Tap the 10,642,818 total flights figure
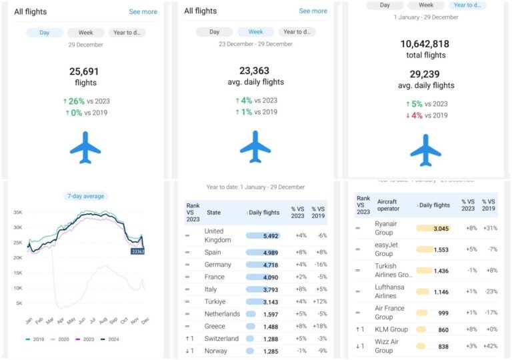click(x=425, y=44)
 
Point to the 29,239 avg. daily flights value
click(x=425, y=74)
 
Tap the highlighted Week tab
click(x=255, y=32)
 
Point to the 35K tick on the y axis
click(x=19, y=213)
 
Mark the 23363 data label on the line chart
click(x=138, y=251)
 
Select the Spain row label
click(x=213, y=252)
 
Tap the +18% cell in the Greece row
click(x=319, y=326)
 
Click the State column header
click(x=213, y=212)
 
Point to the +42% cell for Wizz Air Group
click(x=489, y=346)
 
